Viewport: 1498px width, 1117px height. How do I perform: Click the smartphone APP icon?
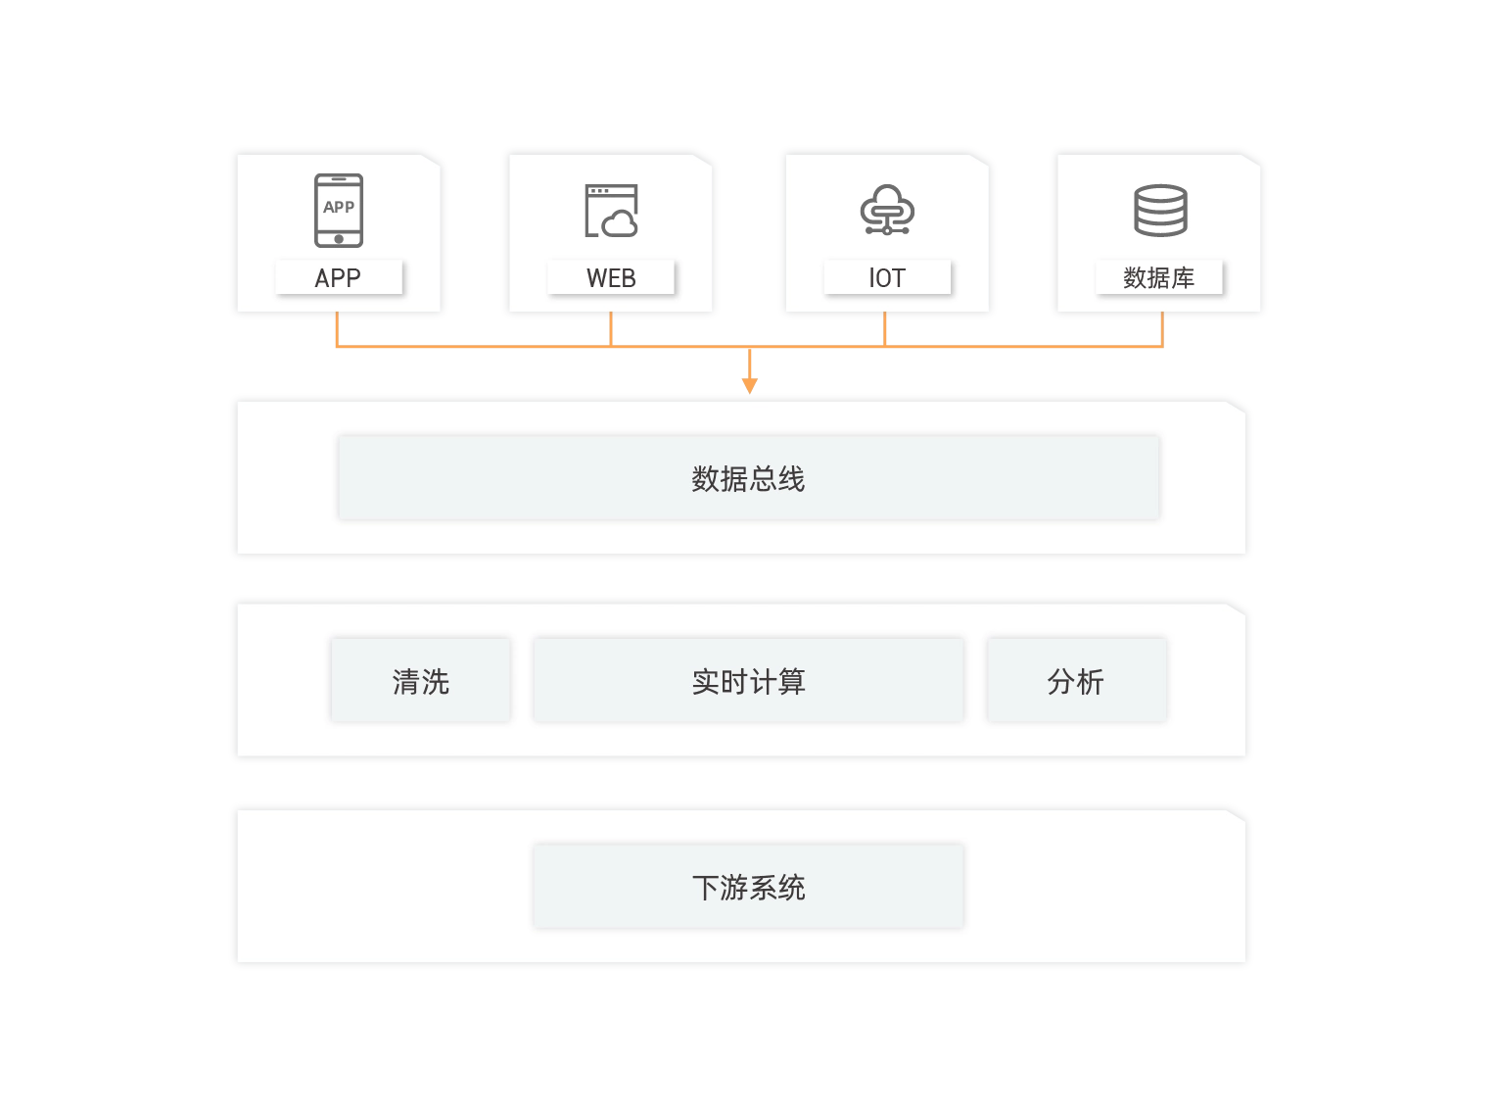[x=339, y=210]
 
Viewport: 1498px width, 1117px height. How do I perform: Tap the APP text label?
[x=338, y=278]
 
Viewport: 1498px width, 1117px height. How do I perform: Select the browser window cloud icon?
[x=611, y=211]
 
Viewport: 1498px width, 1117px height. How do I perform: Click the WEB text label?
[x=611, y=278]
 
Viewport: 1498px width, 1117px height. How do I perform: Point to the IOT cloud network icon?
[x=887, y=210]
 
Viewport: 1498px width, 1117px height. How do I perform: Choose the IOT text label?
[x=887, y=278]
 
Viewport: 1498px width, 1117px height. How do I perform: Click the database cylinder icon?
[x=1160, y=210]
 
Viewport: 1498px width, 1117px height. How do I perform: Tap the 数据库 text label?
[x=1159, y=278]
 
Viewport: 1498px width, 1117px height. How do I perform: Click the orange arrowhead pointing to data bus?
[x=749, y=385]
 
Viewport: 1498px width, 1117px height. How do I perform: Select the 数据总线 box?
[x=749, y=478]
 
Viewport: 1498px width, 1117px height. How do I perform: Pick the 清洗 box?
[x=421, y=681]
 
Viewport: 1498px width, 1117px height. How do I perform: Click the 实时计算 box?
[x=749, y=681]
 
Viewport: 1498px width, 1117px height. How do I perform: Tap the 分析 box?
[x=1076, y=681]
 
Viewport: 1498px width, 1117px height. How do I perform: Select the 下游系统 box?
[x=749, y=887]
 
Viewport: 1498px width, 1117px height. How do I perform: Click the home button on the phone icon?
[x=339, y=239]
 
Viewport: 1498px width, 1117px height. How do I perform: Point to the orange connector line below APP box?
[x=338, y=331]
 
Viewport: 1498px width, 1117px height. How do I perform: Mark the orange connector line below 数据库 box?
[x=1162, y=331]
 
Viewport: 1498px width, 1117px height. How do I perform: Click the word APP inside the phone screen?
[x=339, y=207]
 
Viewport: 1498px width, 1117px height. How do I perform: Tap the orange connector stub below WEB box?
[x=611, y=330]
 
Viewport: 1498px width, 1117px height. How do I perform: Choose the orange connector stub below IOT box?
[x=885, y=330]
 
